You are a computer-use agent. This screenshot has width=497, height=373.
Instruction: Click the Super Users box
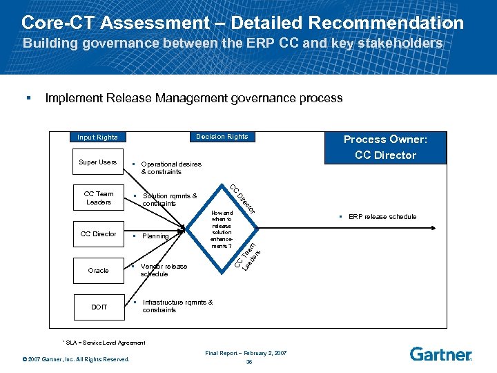97,162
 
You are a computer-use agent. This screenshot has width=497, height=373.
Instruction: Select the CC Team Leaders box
98,198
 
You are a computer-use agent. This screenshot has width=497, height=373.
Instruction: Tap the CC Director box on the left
98,234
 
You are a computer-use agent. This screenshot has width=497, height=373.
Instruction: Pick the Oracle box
98,270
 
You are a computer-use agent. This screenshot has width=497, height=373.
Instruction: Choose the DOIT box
98,307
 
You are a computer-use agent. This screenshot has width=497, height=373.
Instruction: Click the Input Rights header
97,137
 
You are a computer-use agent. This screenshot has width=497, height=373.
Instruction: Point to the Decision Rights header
222,137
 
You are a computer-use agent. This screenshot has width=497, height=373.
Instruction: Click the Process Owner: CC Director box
385,147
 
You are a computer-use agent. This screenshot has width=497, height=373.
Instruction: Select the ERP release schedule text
382,217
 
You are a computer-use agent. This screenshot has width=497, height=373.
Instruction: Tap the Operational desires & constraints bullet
170,168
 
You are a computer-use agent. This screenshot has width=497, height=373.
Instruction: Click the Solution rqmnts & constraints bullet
169,200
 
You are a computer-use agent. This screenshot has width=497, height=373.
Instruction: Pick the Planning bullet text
155,236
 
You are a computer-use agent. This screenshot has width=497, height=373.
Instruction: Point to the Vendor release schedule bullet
163,270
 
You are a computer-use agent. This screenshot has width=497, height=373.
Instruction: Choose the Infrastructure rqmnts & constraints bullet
177,306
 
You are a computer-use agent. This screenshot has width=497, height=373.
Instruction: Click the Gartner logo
440,354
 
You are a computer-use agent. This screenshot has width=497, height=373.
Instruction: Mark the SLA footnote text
104,343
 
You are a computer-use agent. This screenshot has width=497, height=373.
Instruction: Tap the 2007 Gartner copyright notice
76,358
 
